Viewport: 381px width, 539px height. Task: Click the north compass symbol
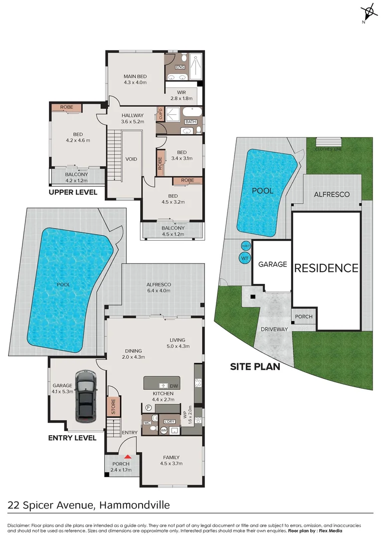pyautogui.click(x=369, y=11)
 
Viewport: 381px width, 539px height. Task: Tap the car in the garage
pyautogui.click(x=86, y=395)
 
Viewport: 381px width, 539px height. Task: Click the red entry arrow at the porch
pyautogui.click(x=128, y=456)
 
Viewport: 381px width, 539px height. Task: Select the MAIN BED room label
pyautogui.click(x=135, y=76)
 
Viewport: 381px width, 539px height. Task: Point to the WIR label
pyautogui.click(x=182, y=92)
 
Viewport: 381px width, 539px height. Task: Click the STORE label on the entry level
pyautogui.click(x=113, y=406)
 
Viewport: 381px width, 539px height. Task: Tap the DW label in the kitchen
pyautogui.click(x=174, y=386)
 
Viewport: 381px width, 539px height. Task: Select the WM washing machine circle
pyautogui.click(x=164, y=430)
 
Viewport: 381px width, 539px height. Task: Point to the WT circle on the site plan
pyautogui.click(x=244, y=258)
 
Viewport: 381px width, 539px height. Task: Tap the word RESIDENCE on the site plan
pyautogui.click(x=326, y=268)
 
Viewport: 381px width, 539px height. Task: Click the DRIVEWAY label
pyautogui.click(x=273, y=329)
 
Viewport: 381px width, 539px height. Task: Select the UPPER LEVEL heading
pyautogui.click(x=73, y=192)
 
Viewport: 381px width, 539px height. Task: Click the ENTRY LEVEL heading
pyautogui.click(x=72, y=438)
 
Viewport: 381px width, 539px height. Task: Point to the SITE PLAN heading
pyautogui.click(x=254, y=367)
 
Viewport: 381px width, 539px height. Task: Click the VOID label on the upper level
pyautogui.click(x=131, y=159)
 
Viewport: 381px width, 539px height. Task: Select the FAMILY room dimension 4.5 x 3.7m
pyautogui.click(x=171, y=464)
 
